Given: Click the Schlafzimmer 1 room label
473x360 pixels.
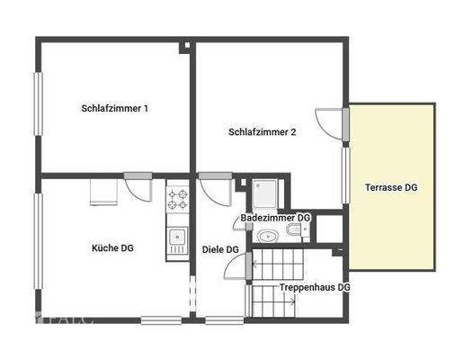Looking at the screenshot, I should click(114, 108).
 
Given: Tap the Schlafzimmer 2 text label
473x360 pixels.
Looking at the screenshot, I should click(263, 131).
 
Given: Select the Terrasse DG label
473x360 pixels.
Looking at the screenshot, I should click(391, 188).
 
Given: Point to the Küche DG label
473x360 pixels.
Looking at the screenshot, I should click(112, 247).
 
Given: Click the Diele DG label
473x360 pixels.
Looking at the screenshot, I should click(220, 249).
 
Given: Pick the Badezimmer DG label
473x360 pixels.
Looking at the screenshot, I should click(275, 219).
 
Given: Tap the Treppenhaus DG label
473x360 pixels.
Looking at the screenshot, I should click(315, 287).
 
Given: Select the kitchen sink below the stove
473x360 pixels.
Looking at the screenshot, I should click(176, 238).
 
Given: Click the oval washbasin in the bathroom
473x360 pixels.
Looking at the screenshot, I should click(267, 237).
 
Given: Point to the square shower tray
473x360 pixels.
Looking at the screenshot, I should click(266, 193).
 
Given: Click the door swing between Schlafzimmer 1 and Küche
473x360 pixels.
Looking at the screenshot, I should click(139, 187).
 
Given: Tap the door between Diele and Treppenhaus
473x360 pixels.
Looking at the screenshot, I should click(238, 265).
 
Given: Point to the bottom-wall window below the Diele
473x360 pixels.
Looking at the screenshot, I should click(225, 319).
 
